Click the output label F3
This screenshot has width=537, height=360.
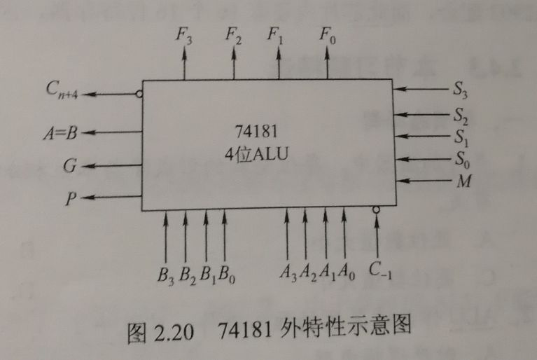pyautogui.click(x=185, y=36)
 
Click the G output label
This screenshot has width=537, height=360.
pyautogui.click(x=69, y=166)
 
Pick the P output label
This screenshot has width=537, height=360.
pyautogui.click(x=69, y=200)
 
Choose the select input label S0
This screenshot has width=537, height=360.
pyautogui.click(x=461, y=158)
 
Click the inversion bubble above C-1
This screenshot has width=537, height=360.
pyautogui.click(x=377, y=209)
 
